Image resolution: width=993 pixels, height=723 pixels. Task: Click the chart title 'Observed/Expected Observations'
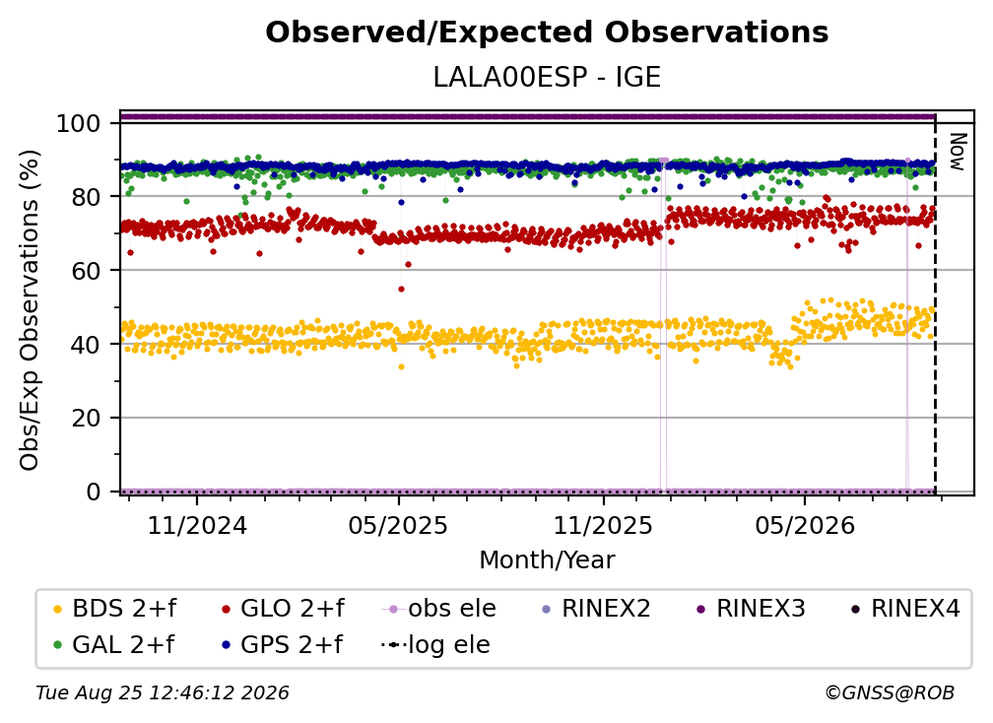click(x=547, y=33)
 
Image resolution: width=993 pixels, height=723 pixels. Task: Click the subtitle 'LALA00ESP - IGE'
click(x=547, y=78)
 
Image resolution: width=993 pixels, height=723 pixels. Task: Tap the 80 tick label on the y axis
click(x=86, y=197)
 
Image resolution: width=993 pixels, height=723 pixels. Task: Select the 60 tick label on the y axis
click(x=86, y=270)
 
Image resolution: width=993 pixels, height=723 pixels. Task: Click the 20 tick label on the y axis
click(x=86, y=418)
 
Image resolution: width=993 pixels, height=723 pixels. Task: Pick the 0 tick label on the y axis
click(x=94, y=492)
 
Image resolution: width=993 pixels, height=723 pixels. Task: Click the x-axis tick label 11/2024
click(x=197, y=525)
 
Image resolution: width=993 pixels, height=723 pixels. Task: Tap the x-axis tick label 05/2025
click(x=398, y=525)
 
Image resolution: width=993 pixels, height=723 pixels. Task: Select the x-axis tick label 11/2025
click(x=603, y=525)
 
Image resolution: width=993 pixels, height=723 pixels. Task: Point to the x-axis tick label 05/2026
click(x=804, y=525)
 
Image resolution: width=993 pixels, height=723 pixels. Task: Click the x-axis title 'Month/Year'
click(x=547, y=559)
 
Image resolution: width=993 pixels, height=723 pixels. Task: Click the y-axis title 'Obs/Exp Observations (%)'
click(x=30, y=310)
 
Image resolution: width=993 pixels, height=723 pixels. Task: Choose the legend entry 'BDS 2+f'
click(x=114, y=609)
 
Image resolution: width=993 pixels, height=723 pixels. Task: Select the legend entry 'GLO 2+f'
click(x=283, y=609)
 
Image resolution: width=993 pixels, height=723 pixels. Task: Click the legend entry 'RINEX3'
click(x=751, y=609)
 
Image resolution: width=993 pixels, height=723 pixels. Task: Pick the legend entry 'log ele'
click(x=435, y=644)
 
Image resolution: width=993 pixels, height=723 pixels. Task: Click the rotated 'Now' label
click(x=958, y=152)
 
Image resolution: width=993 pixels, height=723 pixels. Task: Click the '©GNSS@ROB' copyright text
click(x=890, y=692)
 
